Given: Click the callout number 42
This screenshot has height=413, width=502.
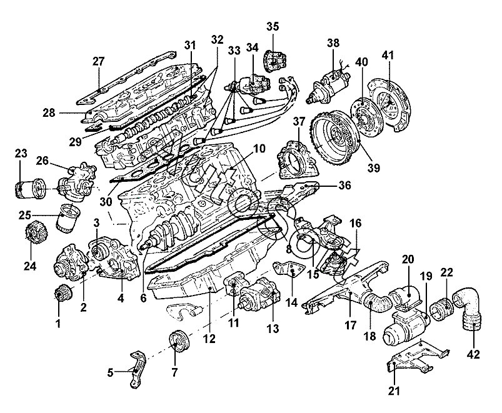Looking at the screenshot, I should [x=473, y=355].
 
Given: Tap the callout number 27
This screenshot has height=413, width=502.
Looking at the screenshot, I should [x=99, y=61].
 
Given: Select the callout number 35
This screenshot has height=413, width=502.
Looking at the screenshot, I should [x=273, y=26].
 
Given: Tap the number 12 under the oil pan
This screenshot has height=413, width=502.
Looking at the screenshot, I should [x=209, y=339].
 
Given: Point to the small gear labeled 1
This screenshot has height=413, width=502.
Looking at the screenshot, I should [x=62, y=292].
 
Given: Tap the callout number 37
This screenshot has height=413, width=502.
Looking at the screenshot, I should [x=298, y=121].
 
